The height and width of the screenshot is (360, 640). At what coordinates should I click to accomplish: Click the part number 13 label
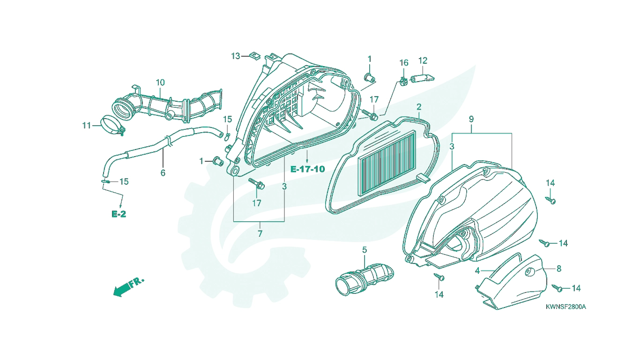[235, 56]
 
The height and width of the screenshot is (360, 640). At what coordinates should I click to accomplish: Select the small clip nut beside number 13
[254, 56]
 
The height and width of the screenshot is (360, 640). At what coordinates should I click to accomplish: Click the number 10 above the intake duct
[160, 82]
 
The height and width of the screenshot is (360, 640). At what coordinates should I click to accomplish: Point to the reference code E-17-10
[308, 169]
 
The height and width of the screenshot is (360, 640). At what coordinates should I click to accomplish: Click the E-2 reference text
[119, 214]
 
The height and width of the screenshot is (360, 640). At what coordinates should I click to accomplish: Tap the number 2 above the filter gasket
[419, 107]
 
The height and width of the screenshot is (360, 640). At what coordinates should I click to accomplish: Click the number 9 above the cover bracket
[471, 119]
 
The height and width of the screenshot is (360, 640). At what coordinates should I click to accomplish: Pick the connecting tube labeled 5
[365, 278]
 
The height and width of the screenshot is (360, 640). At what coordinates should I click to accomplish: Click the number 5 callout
[365, 250]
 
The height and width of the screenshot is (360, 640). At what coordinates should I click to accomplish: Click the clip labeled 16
[403, 82]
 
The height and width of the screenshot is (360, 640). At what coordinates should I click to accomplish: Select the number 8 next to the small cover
[559, 269]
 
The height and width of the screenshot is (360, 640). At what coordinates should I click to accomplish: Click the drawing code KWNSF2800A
[566, 307]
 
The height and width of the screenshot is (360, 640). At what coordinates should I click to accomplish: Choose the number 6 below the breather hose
[163, 172]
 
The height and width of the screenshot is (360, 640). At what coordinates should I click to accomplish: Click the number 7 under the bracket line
[260, 233]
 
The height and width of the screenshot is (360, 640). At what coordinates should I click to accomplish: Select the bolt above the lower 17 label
[257, 184]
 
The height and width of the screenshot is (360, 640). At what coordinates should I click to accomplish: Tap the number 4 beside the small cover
[477, 270]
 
